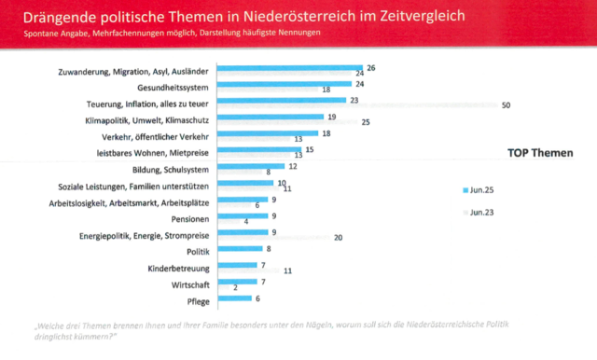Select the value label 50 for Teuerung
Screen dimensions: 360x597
[506, 105]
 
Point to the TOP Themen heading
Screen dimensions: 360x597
[540, 153]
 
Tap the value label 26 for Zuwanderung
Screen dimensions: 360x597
[370, 68]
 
